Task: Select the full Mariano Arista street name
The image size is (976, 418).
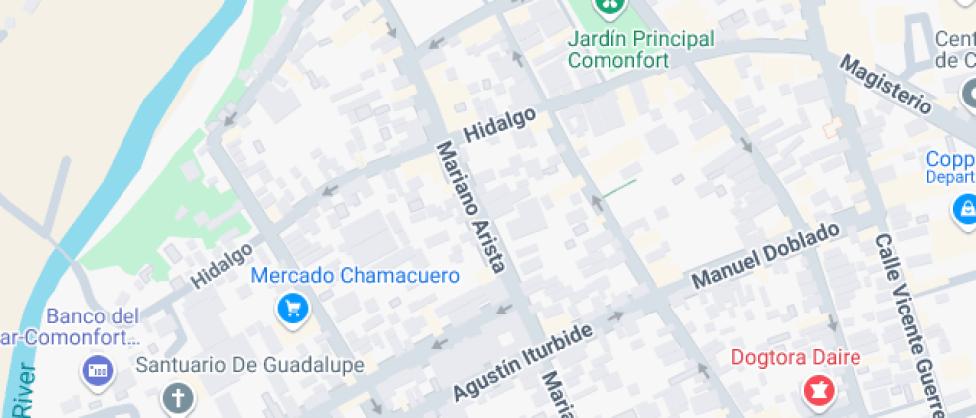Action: pyautogui.click(x=472, y=206)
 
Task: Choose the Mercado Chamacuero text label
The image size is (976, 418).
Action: pyautogui.click(x=356, y=275)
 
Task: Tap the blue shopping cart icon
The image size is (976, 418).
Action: pyautogui.click(x=292, y=309)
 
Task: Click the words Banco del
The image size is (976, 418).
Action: pyautogui.click(x=93, y=316)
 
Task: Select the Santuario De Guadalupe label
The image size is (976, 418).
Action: pyautogui.click(x=250, y=365)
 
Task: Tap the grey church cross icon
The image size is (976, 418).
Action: pyautogui.click(x=178, y=399)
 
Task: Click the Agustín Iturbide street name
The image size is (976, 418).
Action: pyautogui.click(x=524, y=361)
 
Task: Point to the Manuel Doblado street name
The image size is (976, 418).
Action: pyautogui.click(x=766, y=256)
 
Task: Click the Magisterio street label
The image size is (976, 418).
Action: pyautogui.click(x=885, y=85)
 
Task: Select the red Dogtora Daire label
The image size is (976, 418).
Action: pyautogui.click(x=796, y=357)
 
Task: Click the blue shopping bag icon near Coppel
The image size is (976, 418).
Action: pyautogui.click(x=965, y=209)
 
